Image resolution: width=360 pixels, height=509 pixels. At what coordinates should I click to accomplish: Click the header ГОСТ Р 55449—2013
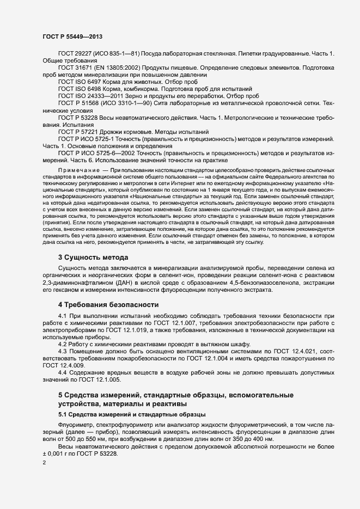click(x=71, y=36)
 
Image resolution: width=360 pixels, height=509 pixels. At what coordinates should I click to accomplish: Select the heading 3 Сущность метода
click(x=93, y=257)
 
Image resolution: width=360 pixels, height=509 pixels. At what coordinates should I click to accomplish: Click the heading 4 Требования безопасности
click(x=108, y=304)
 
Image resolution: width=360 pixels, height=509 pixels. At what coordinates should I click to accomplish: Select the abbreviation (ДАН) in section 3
click(x=138, y=283)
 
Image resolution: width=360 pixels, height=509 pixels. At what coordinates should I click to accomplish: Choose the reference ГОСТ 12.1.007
click(x=159, y=323)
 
